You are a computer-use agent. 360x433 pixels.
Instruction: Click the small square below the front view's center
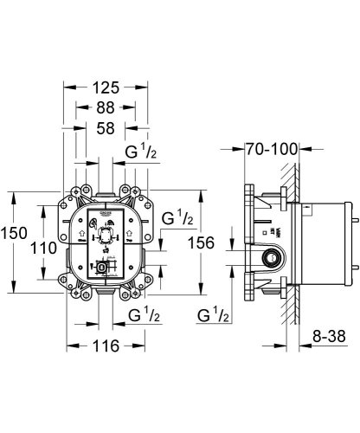pyautogui.click(x=104, y=268)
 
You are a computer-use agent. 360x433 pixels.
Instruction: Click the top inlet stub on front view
pyautogui.click(x=106, y=190)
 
